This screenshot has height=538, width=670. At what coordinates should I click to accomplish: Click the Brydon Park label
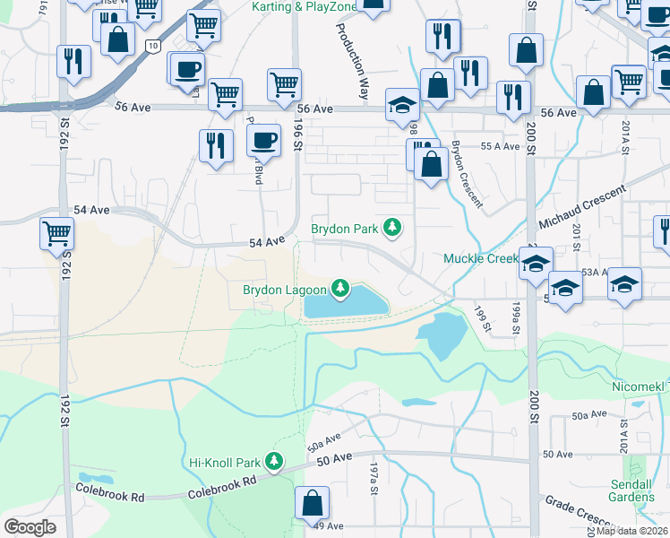point(344,229)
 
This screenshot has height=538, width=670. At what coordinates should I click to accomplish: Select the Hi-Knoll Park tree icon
point(274,463)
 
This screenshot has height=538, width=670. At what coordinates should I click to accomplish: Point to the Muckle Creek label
point(481,259)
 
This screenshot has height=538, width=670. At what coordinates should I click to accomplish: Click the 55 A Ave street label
point(500,146)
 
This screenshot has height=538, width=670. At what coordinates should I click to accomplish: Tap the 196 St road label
point(298,142)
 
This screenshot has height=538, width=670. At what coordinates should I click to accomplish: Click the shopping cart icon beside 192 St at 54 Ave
point(56,233)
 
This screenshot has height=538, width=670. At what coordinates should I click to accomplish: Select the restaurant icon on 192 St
point(73,61)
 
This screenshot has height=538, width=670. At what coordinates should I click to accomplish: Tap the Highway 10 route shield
point(154,45)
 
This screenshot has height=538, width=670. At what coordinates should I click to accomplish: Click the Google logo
point(30,526)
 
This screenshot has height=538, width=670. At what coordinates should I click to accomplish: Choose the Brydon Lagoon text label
point(284,289)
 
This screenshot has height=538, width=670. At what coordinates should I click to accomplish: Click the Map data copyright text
point(631,530)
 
